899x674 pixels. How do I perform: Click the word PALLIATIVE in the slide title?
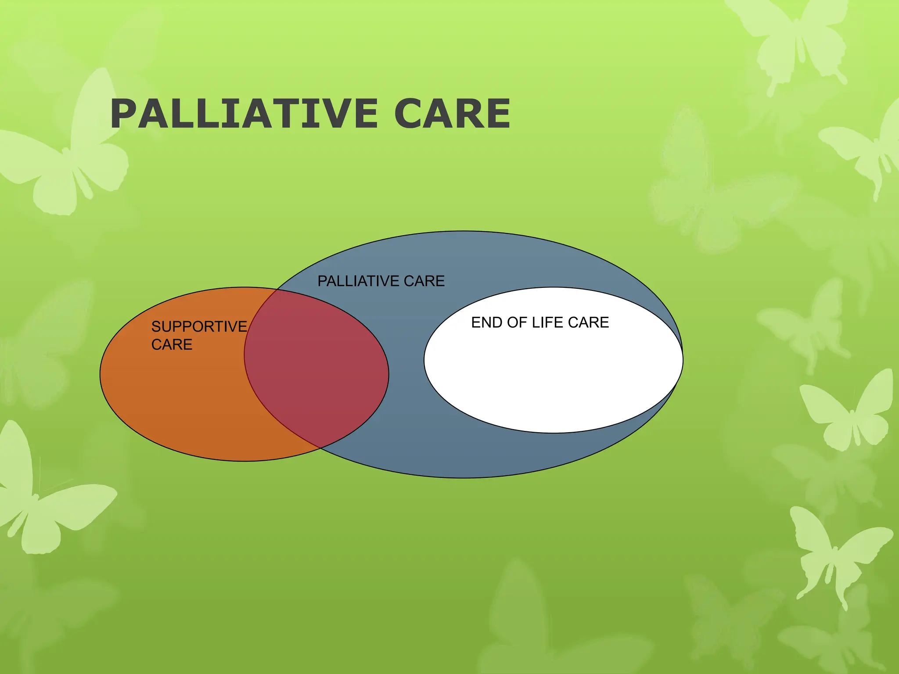tap(244, 114)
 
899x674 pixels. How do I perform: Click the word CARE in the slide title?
tap(452, 114)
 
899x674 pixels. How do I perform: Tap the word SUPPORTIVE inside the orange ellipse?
tap(199, 326)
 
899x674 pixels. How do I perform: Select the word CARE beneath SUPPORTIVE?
tap(172, 344)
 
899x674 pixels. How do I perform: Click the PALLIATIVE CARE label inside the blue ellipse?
tap(381, 281)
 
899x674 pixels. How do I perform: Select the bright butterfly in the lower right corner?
tap(834, 553)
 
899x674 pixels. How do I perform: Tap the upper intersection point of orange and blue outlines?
tap(277, 290)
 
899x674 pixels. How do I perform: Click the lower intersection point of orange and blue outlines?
tap(320, 448)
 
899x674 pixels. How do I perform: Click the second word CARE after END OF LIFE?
tap(588, 323)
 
